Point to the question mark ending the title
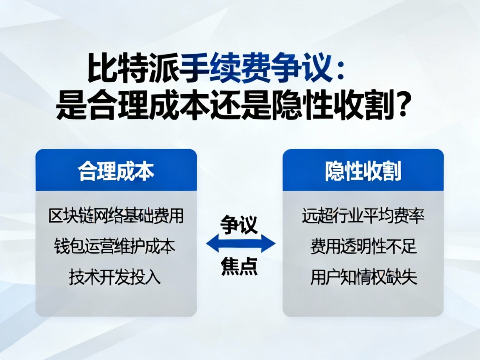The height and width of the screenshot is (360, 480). point(400,105)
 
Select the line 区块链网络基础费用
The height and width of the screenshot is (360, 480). point(116,217)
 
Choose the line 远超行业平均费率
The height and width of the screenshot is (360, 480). point(363,217)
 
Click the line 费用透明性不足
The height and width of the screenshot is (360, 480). point(363,247)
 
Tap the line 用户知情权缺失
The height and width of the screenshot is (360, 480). point(363,277)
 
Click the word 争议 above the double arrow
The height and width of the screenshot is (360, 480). point(240,225)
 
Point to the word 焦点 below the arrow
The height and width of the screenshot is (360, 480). point(240,266)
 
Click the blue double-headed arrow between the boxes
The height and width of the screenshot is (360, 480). point(241,245)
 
